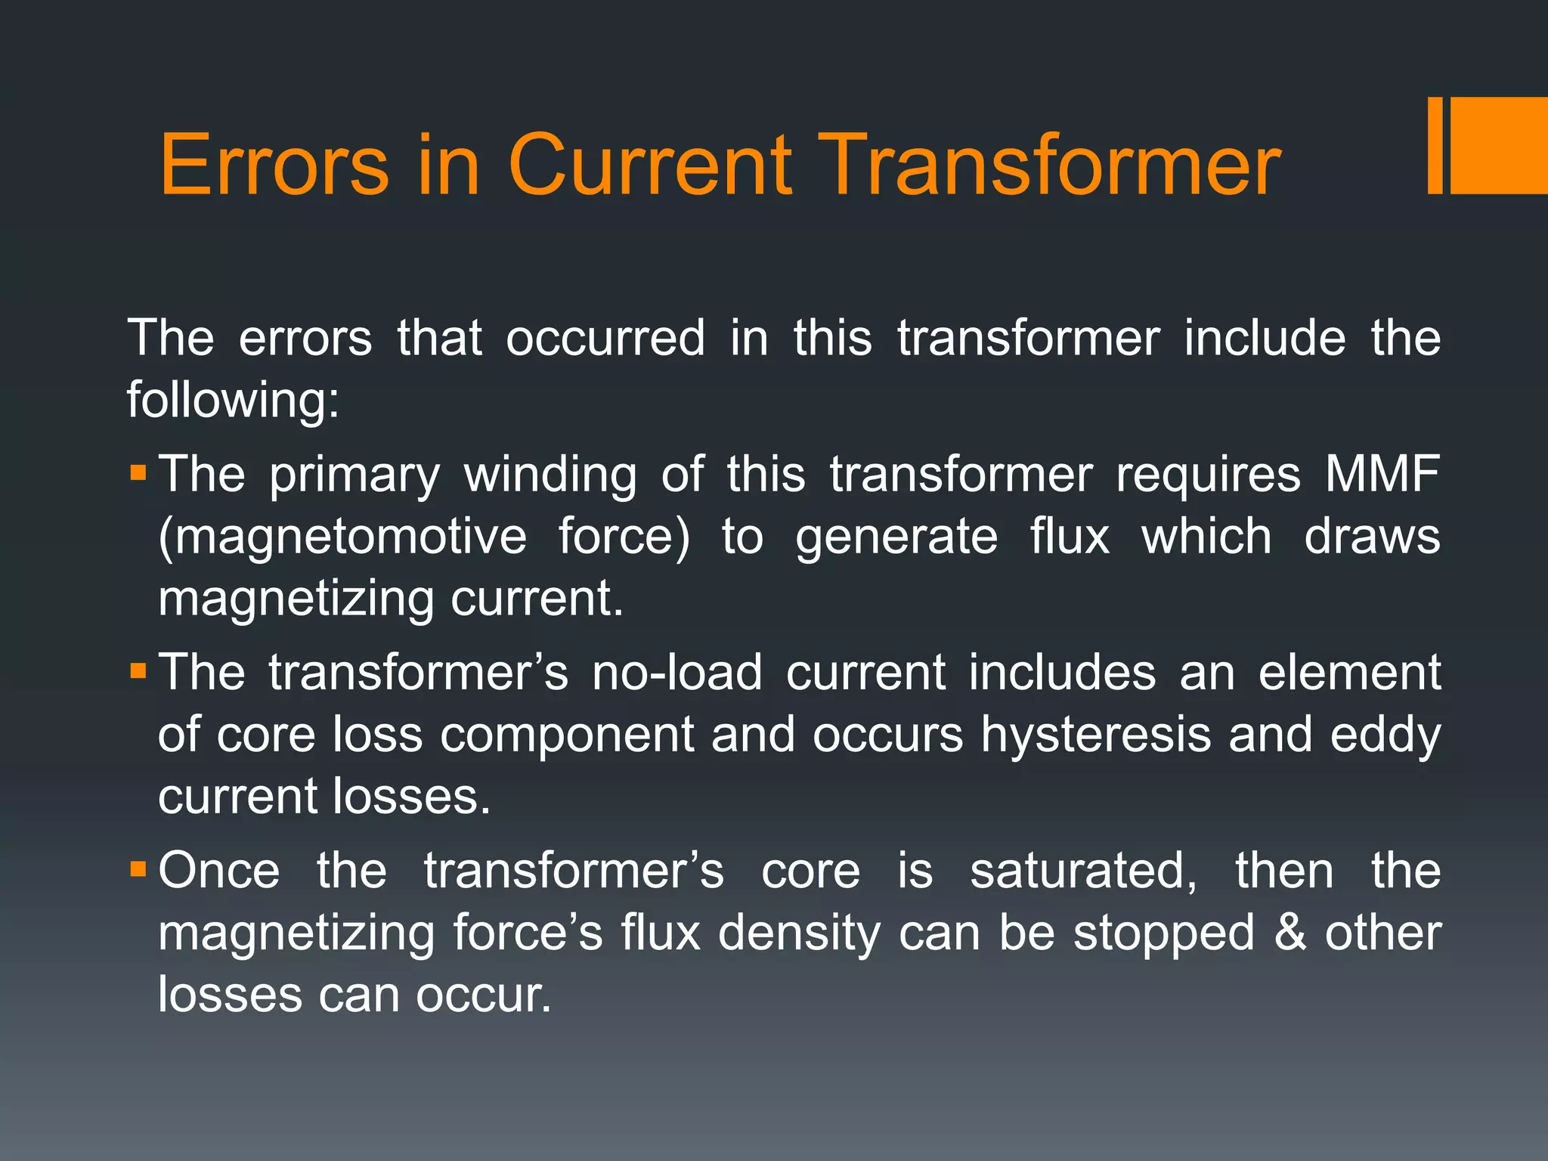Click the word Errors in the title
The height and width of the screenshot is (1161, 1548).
tap(274, 165)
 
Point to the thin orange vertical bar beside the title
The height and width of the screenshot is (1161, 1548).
tap(1435, 145)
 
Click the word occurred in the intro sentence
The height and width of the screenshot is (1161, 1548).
tap(605, 337)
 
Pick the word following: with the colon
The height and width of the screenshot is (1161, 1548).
tap(234, 399)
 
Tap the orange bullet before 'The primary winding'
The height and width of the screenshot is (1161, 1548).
tap(138, 474)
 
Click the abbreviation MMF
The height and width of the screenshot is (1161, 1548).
tap(1382, 474)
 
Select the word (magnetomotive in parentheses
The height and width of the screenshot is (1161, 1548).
tap(342, 537)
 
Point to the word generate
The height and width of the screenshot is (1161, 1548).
tap(896, 537)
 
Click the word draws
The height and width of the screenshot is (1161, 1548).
tap(1373, 537)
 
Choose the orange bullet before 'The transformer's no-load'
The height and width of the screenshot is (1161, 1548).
tap(138, 671)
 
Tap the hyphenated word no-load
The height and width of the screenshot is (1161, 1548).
tap(676, 672)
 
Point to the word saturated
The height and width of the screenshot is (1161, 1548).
tap(1083, 870)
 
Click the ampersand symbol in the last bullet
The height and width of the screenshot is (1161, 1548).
tap(1290, 932)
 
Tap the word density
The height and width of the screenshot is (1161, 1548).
tap(800, 933)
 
